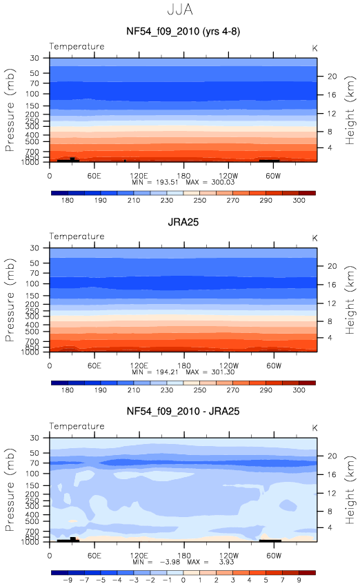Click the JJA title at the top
click(x=180, y=10)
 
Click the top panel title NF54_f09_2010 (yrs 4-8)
click(x=183, y=32)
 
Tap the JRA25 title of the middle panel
click(x=183, y=222)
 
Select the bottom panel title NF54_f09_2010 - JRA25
click(x=183, y=412)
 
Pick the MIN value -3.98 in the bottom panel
click(x=170, y=562)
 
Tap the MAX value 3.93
click(x=226, y=562)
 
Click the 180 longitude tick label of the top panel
click(x=183, y=176)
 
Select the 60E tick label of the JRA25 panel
click(x=94, y=365)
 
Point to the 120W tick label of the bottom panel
click(x=228, y=556)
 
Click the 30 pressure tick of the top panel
click(x=34, y=58)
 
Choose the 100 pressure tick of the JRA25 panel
click(x=32, y=283)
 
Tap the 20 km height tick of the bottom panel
click(x=332, y=456)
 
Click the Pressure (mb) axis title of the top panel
click(x=10, y=110)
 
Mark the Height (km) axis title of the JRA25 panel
click(x=350, y=300)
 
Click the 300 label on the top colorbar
click(x=299, y=201)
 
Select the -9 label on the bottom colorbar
click(x=68, y=580)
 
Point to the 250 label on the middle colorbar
click(x=199, y=390)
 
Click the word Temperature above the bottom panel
click(x=77, y=426)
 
